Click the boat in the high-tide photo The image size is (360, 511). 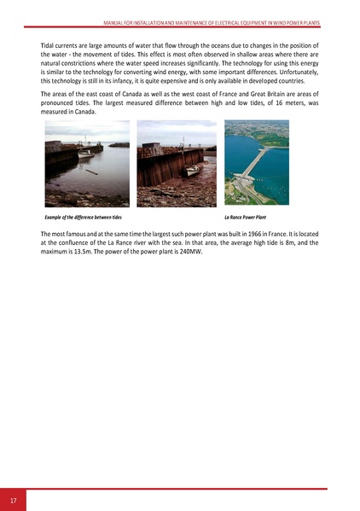85,154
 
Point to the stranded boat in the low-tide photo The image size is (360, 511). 193,170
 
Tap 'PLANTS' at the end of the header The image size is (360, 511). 308,22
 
